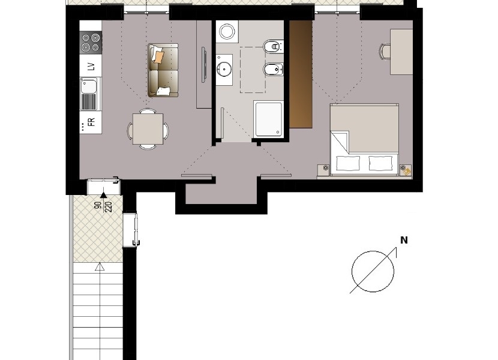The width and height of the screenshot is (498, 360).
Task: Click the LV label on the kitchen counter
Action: (91, 67)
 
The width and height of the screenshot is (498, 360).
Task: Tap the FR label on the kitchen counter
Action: (91, 122)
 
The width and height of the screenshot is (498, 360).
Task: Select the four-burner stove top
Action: (91, 43)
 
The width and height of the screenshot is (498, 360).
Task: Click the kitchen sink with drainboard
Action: (90, 94)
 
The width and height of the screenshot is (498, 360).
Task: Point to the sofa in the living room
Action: (163, 70)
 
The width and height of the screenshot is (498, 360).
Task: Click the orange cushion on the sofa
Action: (158, 56)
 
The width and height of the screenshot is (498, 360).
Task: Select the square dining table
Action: (148, 129)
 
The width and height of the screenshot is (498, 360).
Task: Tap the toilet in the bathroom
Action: (273, 46)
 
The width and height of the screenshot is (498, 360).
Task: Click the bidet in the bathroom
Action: (273, 68)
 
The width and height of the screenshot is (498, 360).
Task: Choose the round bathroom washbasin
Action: (224, 68)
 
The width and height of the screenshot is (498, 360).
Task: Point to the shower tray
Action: (268, 119)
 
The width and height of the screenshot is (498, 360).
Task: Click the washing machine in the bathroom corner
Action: (227, 31)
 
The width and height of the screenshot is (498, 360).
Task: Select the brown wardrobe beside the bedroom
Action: (301, 74)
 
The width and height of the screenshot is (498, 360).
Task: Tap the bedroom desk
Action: (401, 52)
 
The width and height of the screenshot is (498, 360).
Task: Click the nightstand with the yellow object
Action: (406, 170)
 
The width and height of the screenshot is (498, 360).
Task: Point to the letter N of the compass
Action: (404, 240)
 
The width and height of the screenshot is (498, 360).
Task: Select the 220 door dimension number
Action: (109, 207)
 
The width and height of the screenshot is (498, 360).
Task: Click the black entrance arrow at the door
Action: (103, 195)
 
